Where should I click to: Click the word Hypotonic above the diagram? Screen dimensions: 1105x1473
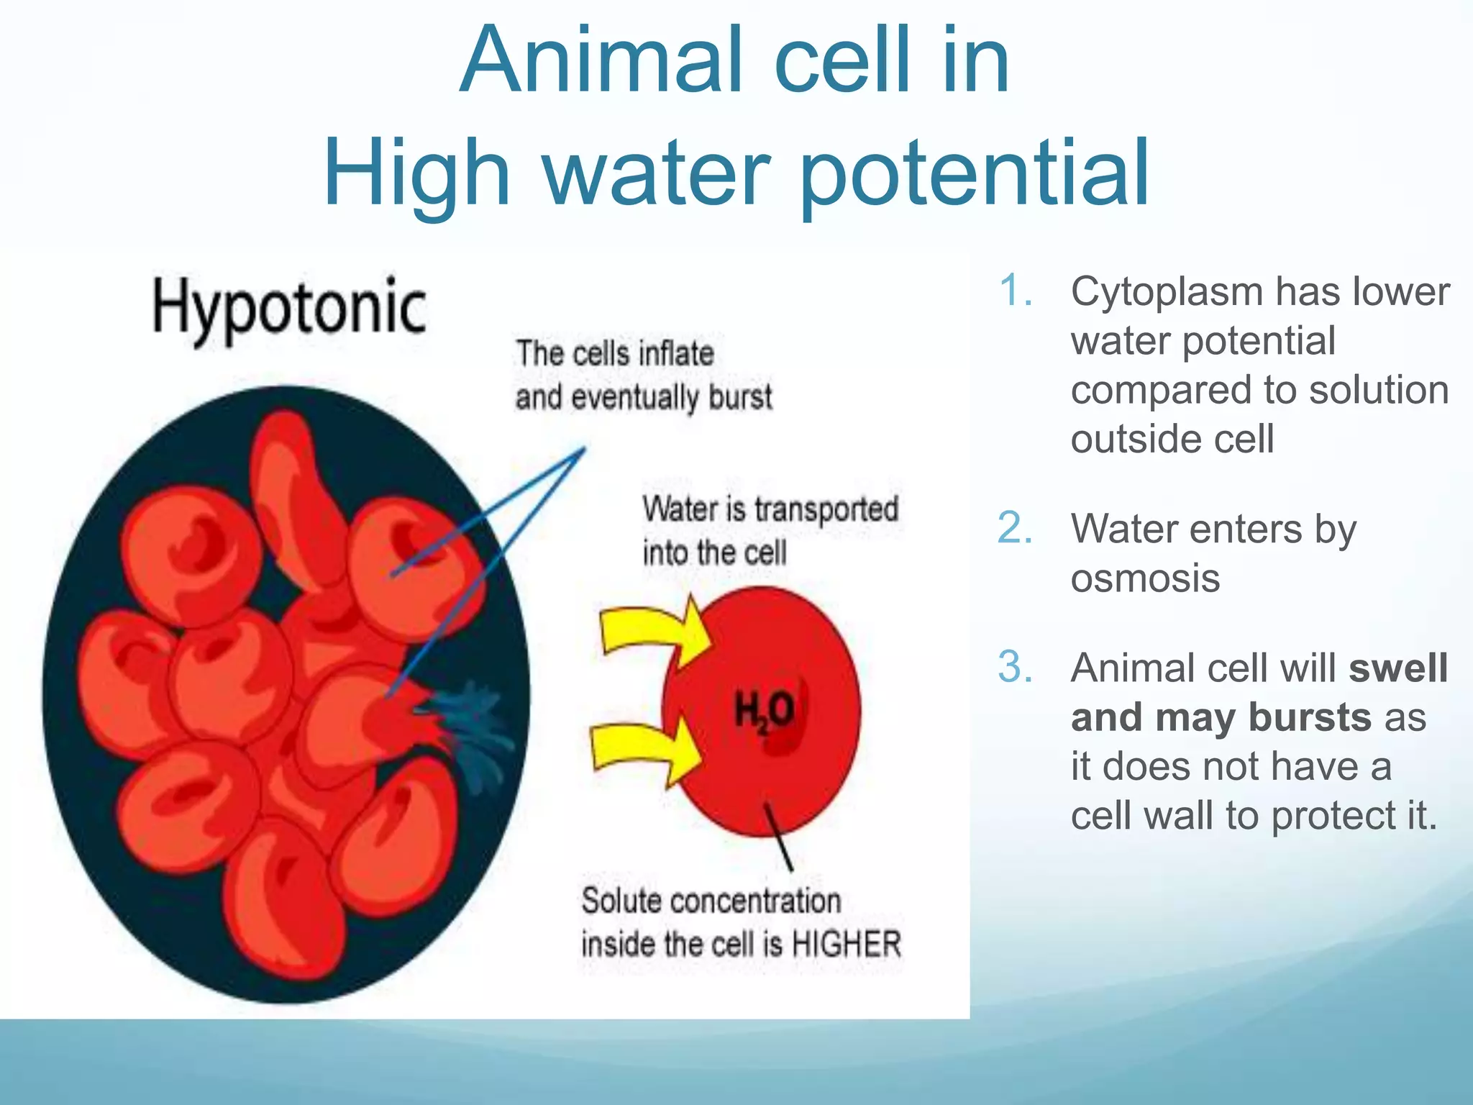(x=289, y=309)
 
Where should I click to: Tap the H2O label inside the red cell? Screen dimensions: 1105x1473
(x=764, y=712)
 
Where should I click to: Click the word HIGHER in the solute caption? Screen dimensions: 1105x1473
(x=846, y=945)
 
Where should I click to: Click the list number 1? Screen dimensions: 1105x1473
(x=1016, y=292)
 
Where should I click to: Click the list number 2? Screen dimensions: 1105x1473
(x=1016, y=529)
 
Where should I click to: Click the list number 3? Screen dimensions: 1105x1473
(x=1016, y=668)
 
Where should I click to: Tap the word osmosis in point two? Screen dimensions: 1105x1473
(x=1145, y=578)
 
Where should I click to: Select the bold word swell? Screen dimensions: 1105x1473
(x=1398, y=668)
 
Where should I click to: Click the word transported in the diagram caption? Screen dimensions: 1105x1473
(x=826, y=510)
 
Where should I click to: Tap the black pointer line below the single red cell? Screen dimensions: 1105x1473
(x=779, y=838)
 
